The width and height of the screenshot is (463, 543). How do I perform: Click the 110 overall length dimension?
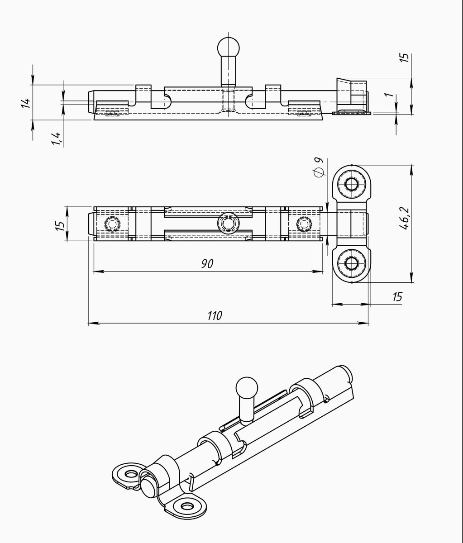pyautogui.click(x=215, y=315)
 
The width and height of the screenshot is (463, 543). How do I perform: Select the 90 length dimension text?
pyautogui.click(x=207, y=264)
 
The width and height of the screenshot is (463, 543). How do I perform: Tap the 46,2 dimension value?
pyautogui.click(x=405, y=219)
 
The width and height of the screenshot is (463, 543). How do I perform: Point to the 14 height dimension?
pyautogui.click(x=26, y=103)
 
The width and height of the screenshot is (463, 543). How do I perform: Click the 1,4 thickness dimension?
pyautogui.click(x=57, y=139)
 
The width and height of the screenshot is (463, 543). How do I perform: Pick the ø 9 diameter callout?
pyautogui.click(x=318, y=167)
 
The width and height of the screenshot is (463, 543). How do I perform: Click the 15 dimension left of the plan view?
pyautogui.click(x=60, y=226)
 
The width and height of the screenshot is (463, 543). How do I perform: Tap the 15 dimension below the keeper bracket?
pyautogui.click(x=397, y=296)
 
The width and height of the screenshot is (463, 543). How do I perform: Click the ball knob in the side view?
pyautogui.click(x=229, y=48)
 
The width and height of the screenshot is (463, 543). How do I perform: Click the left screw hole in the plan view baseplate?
pyautogui.click(x=112, y=224)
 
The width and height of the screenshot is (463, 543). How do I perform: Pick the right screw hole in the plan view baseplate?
pyautogui.click(x=304, y=224)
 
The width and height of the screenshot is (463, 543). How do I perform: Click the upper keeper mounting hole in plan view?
pyautogui.click(x=352, y=184)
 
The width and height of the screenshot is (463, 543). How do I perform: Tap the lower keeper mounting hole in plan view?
pyautogui.click(x=352, y=263)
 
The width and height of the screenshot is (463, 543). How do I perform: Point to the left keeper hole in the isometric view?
pyautogui.click(x=131, y=474)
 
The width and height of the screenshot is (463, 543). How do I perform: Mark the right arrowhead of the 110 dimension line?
pyautogui.click(x=365, y=324)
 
